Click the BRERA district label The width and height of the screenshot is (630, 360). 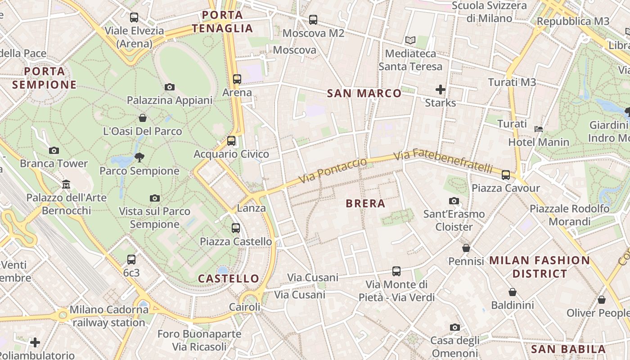(365, 203)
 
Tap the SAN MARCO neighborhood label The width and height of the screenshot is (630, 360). (364, 93)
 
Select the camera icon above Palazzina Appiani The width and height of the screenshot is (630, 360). (170, 87)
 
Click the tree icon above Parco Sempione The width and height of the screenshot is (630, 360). (139, 157)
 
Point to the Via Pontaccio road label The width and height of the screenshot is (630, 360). (332, 171)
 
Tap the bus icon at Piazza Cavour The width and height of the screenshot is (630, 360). (506, 175)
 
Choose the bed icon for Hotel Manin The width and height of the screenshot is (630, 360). (538, 129)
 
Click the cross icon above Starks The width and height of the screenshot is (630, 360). (441, 90)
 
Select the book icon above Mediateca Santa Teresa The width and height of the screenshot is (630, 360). (410, 40)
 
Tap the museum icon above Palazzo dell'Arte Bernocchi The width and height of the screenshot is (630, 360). (66, 184)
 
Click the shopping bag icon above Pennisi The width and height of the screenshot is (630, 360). (466, 248)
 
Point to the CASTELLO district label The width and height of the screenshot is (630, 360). (229, 279)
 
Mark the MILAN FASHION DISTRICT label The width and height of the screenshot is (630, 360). (540, 267)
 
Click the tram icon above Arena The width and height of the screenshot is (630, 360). (237, 79)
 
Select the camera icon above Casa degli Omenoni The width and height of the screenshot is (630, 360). (454, 327)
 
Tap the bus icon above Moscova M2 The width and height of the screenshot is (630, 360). (313, 20)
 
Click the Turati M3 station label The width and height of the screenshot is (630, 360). (512, 82)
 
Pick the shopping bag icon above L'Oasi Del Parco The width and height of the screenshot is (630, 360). (143, 118)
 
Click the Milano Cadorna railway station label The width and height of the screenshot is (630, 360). (108, 316)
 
